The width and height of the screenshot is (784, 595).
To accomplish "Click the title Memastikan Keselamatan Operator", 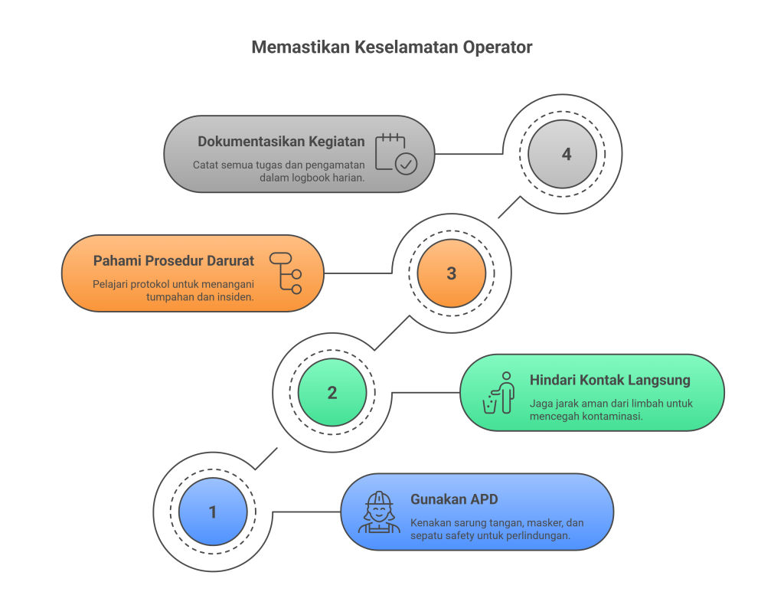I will pos(391,47).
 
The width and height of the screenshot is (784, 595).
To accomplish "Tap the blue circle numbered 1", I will pos(213,512).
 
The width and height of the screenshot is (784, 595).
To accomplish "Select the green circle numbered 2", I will pos(332,393).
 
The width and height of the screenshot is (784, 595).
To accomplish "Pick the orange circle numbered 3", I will pos(452,273).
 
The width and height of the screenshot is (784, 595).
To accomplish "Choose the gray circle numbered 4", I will pos(567,154).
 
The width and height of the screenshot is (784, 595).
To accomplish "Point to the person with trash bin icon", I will pos(498,393).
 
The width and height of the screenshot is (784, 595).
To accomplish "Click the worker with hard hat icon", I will pos(379,512).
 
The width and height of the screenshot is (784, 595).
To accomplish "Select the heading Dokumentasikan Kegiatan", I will pos(281,142).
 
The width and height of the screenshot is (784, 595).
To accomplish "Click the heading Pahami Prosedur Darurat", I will pos(174,261).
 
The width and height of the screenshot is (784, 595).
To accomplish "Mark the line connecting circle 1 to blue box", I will pos(306,512).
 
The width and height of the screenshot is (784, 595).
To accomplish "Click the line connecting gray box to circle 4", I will pos(467,154).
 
